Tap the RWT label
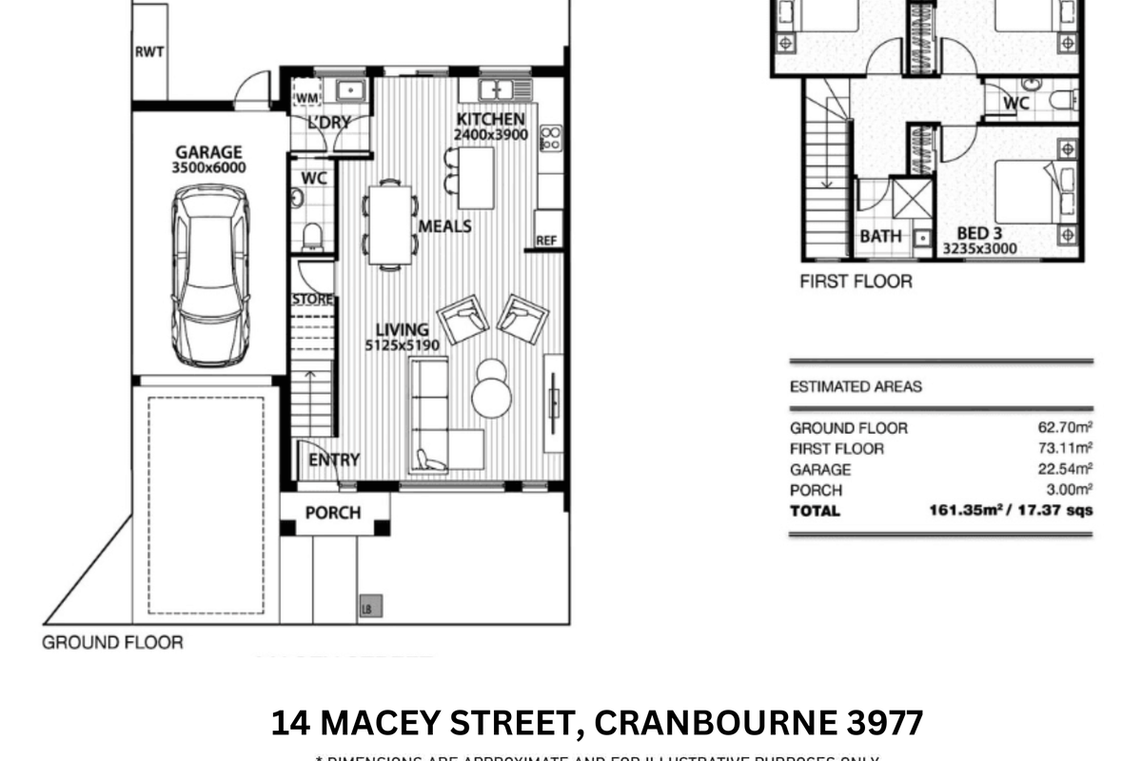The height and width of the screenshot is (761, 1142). click(x=148, y=51)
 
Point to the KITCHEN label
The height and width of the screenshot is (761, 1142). click(x=490, y=119)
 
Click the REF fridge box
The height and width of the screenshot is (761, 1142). click(x=546, y=241)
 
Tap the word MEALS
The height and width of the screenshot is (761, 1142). click(x=445, y=225)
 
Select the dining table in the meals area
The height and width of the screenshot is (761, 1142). click(x=390, y=224)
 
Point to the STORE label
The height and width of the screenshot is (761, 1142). click(x=312, y=301)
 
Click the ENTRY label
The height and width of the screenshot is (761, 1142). click(x=334, y=460)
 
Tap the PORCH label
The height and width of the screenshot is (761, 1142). click(x=333, y=513)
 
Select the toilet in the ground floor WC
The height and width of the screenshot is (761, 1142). click(x=312, y=236)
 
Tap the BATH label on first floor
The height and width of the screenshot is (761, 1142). click(x=880, y=236)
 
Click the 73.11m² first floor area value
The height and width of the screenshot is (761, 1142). click(x=1065, y=449)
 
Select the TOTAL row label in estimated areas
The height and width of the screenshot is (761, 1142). click(x=815, y=511)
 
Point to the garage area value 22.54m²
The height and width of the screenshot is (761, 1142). click(x=1065, y=470)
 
